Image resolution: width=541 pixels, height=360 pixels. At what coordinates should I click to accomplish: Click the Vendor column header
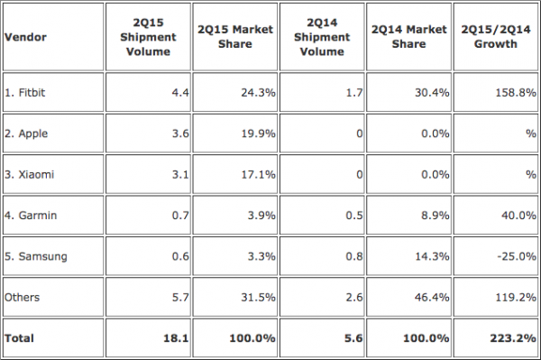point(25,37)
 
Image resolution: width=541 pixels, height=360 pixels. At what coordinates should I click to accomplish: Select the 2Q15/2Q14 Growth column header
point(496,37)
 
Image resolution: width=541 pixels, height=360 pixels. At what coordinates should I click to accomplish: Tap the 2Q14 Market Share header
point(408,37)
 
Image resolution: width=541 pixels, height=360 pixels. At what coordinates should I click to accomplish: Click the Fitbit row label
point(25,93)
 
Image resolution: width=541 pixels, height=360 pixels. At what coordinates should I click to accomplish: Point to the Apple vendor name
point(26,134)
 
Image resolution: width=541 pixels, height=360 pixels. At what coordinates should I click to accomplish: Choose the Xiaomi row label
point(30,174)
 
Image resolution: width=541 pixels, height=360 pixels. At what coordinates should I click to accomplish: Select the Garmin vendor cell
point(31,216)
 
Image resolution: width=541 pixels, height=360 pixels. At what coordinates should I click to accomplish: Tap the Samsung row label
point(35,256)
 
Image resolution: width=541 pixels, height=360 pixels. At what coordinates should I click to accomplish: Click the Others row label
point(22,297)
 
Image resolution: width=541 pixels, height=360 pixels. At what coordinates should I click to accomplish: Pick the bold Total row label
point(19,338)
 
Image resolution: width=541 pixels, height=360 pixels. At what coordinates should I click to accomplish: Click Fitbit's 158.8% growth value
point(516,93)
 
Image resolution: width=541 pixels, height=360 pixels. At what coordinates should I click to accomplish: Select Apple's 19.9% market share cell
point(258,134)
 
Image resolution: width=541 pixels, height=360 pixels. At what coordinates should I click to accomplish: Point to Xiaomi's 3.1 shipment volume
point(180,174)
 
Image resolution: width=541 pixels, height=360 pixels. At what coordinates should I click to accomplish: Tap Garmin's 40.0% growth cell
point(518,216)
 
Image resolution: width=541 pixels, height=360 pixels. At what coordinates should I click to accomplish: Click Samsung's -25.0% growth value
point(517,256)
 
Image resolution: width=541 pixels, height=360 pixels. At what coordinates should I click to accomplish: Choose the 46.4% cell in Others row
point(432,297)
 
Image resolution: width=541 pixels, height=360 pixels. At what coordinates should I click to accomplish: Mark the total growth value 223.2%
point(513,338)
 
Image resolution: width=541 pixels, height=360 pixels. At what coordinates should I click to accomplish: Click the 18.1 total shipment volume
point(176,338)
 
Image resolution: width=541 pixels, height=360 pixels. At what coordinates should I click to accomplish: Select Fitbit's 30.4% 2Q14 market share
point(432,93)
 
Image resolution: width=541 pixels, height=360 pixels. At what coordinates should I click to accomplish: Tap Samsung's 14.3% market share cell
point(432,256)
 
